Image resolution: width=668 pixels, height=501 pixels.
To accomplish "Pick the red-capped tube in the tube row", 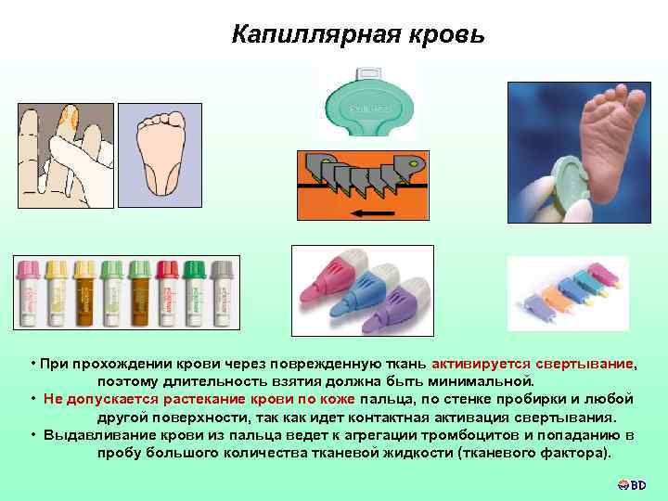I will point(168,292).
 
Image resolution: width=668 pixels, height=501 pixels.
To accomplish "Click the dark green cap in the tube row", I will point(195,270).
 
